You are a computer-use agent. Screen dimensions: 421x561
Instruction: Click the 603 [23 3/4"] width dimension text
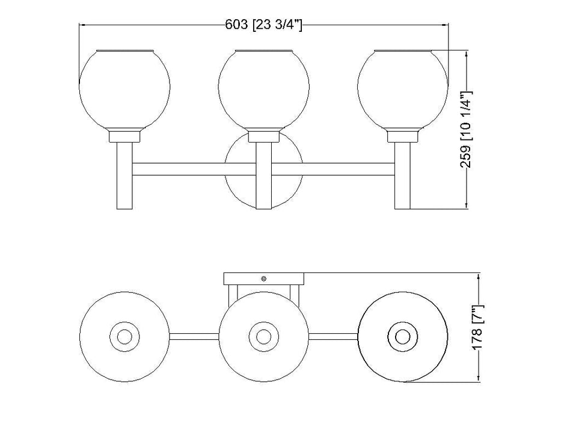click(x=264, y=25)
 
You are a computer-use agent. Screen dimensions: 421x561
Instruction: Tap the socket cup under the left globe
click(x=124, y=136)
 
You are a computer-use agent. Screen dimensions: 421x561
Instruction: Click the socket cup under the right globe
click(x=402, y=136)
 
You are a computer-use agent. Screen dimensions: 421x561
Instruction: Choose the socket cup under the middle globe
click(x=263, y=136)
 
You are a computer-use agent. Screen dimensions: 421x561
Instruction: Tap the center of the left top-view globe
click(x=124, y=336)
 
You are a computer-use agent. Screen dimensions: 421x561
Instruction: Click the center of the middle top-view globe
click(x=263, y=336)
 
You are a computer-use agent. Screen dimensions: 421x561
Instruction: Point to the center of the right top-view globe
click(x=402, y=336)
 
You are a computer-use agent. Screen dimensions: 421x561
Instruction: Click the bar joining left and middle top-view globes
click(x=194, y=336)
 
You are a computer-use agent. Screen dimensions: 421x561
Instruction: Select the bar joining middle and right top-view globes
click(x=333, y=336)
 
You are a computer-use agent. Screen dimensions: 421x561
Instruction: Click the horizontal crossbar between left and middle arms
click(x=180, y=169)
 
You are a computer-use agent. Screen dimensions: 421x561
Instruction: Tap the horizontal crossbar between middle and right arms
click(x=346, y=169)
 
